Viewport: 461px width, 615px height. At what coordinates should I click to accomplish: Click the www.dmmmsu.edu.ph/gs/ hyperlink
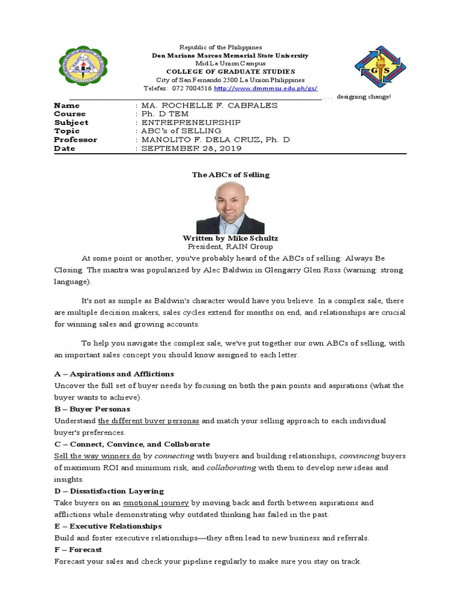click(x=265, y=88)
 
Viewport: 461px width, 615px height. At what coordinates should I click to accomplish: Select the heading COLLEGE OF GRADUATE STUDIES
click(x=230, y=71)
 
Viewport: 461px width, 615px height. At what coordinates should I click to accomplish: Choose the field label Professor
click(x=76, y=139)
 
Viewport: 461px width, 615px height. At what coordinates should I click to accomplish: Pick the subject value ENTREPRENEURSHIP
click(x=190, y=123)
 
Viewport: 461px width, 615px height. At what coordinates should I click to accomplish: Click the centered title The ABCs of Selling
click(x=230, y=175)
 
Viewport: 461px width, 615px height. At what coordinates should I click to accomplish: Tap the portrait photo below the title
click(x=230, y=208)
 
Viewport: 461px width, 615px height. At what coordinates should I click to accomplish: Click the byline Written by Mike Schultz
click(x=230, y=238)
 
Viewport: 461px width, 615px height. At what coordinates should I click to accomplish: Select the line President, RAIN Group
click(x=230, y=246)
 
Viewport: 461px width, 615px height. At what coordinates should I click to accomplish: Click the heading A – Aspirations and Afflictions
click(x=113, y=374)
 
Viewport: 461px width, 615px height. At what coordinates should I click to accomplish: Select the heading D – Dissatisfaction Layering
click(x=109, y=491)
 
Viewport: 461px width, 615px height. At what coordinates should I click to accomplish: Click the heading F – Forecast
click(x=78, y=550)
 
